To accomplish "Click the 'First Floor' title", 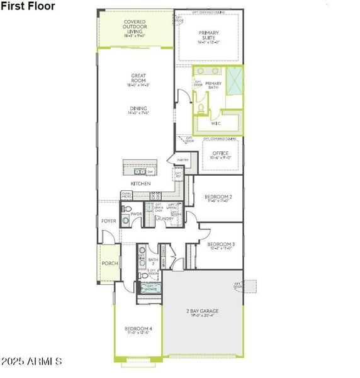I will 28,6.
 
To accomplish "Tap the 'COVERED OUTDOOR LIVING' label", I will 135,26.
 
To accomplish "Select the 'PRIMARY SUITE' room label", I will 208,36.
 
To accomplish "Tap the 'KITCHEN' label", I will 140,183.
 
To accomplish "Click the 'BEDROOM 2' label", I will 219,197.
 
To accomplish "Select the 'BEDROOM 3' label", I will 221,244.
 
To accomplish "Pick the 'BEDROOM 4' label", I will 137,328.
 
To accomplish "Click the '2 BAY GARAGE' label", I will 201,311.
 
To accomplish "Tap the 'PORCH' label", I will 110,263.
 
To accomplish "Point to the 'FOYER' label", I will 109,222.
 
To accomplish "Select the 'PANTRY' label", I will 183,160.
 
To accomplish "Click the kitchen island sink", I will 140,171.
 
